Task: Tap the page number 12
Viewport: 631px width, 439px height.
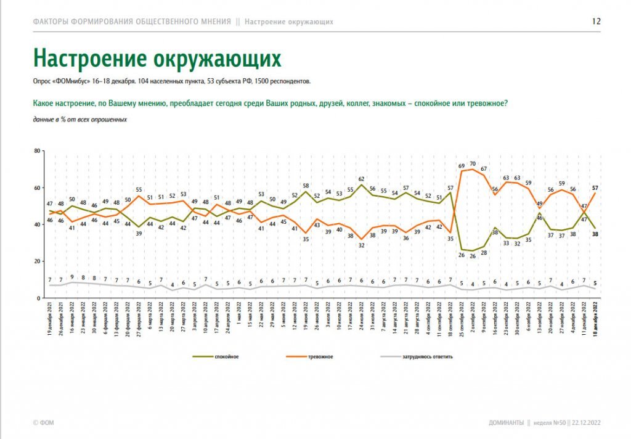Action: coord(596,21)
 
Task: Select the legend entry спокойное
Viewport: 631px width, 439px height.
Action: coord(226,357)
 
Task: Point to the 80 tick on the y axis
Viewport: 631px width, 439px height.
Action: coord(37,151)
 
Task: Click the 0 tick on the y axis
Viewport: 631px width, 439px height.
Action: coord(38,298)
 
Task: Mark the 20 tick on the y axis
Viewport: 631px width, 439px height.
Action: coord(37,261)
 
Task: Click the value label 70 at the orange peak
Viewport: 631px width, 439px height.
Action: coord(473,164)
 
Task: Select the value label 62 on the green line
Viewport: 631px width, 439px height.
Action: coord(362,179)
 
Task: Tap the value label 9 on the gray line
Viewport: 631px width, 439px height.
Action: coord(73,277)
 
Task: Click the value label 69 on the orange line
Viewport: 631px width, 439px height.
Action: coord(461,166)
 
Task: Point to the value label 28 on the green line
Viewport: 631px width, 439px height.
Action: coord(484,253)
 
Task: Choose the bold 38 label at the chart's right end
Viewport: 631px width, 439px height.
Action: coord(595,234)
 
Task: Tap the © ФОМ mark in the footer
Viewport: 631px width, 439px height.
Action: coord(43,424)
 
